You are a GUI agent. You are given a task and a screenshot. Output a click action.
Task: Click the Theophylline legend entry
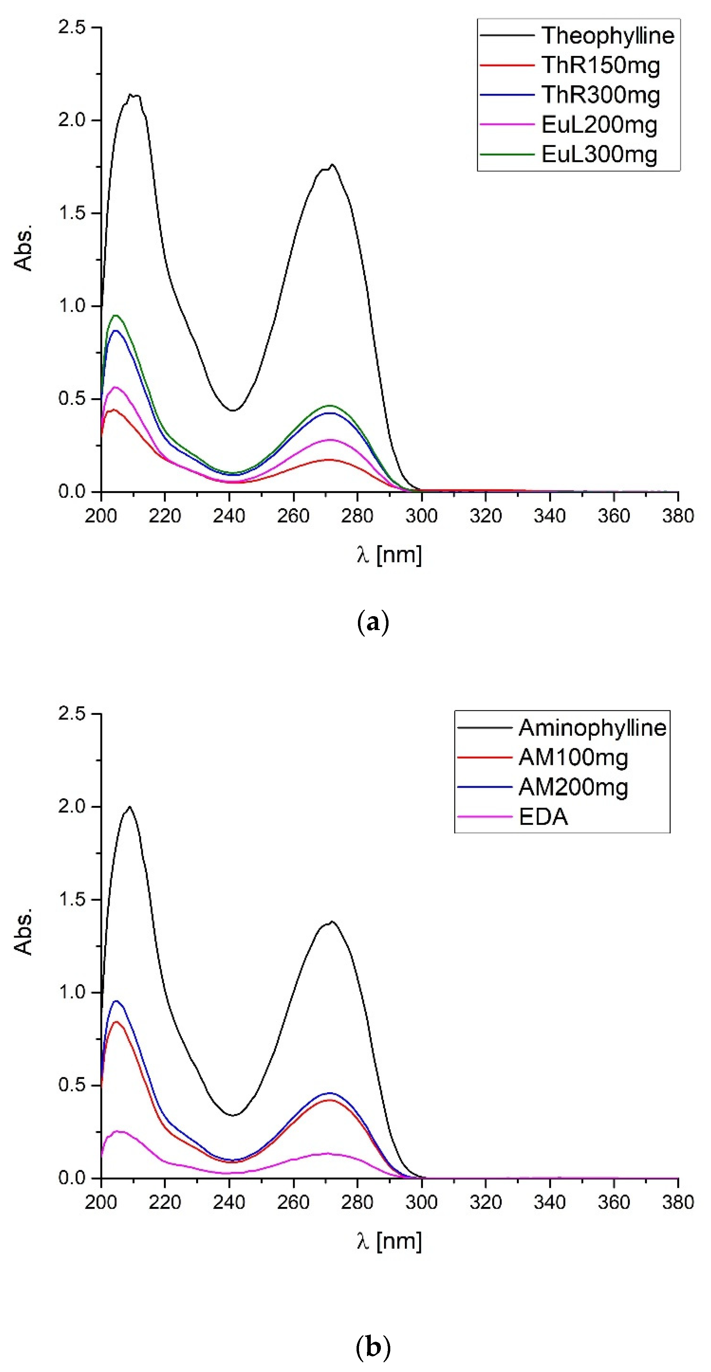[608, 36]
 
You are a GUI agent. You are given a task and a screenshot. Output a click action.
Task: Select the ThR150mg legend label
[601, 66]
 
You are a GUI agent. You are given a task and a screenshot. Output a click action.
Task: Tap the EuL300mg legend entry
[599, 154]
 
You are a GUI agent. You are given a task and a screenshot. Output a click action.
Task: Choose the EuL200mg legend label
[599, 125]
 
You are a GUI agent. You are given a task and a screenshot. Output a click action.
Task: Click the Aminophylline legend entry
[592, 728]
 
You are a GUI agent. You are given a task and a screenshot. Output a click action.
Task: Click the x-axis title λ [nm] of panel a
[389, 555]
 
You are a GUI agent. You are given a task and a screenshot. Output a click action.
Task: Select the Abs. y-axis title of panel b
[23, 932]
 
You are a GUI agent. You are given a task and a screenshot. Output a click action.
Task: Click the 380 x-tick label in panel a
[677, 516]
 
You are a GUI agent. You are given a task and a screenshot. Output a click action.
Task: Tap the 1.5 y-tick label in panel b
[72, 900]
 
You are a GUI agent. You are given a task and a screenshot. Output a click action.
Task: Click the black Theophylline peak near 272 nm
[332, 165]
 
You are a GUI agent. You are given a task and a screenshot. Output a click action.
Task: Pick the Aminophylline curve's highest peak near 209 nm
[129, 807]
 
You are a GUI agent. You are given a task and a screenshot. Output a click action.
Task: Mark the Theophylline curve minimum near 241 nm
[233, 410]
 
